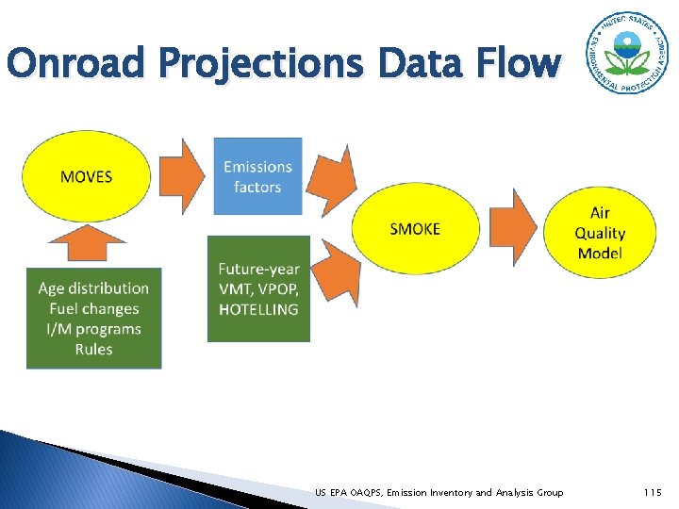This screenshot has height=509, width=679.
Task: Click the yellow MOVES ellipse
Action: (x=86, y=177)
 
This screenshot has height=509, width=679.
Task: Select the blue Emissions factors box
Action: (x=257, y=176)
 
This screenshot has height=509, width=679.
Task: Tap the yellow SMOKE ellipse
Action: (x=415, y=229)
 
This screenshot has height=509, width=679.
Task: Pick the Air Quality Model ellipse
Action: (x=601, y=234)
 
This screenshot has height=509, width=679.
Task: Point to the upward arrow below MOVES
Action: (x=86, y=244)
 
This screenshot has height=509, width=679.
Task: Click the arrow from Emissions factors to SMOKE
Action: (x=334, y=178)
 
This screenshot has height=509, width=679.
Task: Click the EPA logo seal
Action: (x=623, y=53)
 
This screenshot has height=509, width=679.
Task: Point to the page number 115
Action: (x=653, y=492)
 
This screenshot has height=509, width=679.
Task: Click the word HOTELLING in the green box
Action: (x=258, y=309)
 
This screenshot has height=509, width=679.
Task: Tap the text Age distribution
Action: (x=93, y=288)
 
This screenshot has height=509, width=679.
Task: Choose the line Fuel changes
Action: (x=93, y=309)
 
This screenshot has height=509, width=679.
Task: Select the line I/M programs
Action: (x=93, y=329)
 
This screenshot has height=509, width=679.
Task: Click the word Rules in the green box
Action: (x=93, y=350)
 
